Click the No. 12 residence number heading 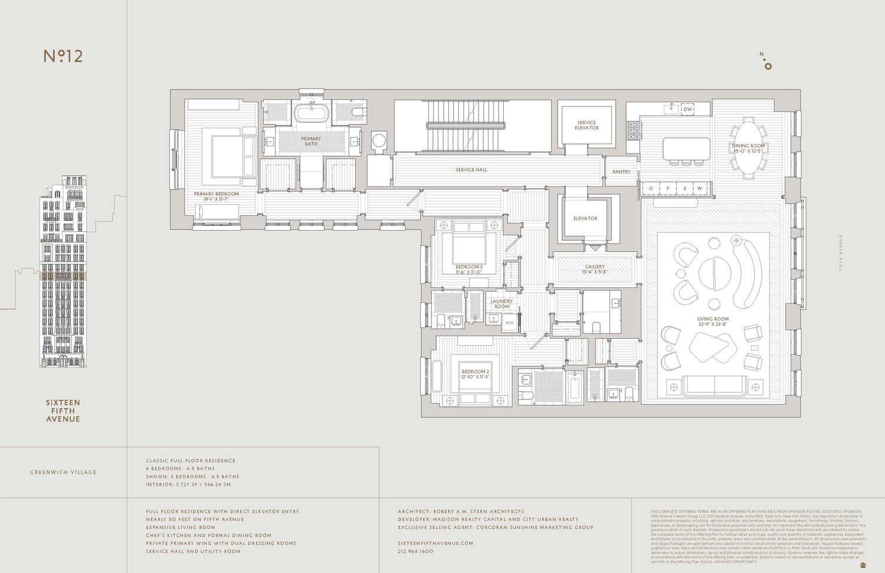point(63,56)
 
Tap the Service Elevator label point(586,125)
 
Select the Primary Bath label point(311,142)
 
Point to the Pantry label point(621,172)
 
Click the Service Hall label point(471,170)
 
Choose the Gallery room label point(595,267)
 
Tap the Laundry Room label point(501,304)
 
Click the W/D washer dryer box point(509,323)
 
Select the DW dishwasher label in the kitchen point(687,109)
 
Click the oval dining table point(748,148)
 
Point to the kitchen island point(686,148)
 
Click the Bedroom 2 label point(475,374)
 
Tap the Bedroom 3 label point(468,269)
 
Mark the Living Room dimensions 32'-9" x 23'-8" point(713,324)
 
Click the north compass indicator point(766,61)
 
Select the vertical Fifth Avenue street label point(841,253)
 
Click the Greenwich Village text point(63,472)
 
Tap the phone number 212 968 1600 point(415,551)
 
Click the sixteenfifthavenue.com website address point(435,543)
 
